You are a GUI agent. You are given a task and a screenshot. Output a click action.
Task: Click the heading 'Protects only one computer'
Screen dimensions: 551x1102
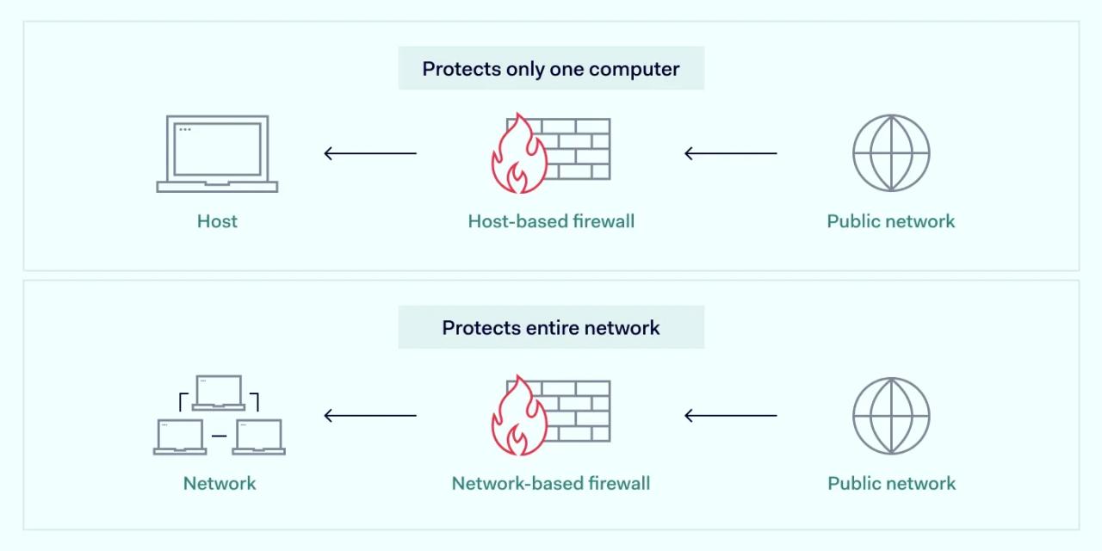pyautogui.click(x=551, y=69)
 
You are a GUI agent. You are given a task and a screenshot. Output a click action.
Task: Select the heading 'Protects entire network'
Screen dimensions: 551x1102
pyautogui.click(x=551, y=328)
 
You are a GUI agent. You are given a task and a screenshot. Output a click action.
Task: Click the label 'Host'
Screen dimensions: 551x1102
pyautogui.click(x=217, y=221)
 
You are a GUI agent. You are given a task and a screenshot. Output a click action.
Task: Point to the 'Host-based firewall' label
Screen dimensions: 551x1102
pyautogui.click(x=551, y=221)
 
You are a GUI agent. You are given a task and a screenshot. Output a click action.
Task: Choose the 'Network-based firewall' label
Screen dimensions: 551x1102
pyautogui.click(x=551, y=483)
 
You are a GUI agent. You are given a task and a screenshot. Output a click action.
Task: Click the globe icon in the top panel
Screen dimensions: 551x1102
pyautogui.click(x=891, y=153)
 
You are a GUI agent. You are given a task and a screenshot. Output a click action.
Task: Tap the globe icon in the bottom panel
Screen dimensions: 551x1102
pyautogui.click(x=891, y=416)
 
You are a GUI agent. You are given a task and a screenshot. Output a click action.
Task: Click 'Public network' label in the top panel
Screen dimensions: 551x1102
pyautogui.click(x=891, y=221)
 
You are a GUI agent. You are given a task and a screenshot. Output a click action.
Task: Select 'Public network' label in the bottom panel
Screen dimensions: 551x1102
pyautogui.click(x=891, y=483)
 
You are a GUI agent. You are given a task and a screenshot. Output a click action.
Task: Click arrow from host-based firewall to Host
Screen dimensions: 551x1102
pyautogui.click(x=370, y=154)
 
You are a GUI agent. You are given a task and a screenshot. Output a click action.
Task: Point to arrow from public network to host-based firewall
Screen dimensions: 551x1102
pyautogui.click(x=730, y=154)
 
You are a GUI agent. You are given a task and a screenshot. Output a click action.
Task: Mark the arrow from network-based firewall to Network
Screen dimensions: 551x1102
pyautogui.click(x=370, y=416)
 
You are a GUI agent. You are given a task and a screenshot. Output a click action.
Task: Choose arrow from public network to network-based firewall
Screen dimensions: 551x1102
pyautogui.click(x=730, y=416)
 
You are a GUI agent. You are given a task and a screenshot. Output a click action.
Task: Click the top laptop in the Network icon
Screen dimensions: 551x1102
pyautogui.click(x=219, y=393)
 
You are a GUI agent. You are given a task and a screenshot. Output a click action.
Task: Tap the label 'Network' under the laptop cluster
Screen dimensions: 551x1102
pyautogui.click(x=220, y=483)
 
